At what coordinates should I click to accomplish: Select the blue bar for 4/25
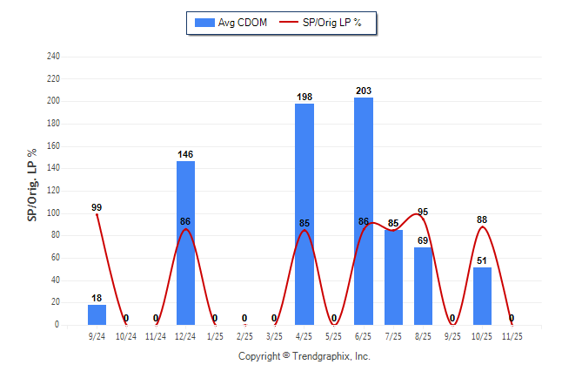[304, 213]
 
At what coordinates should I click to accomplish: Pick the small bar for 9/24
[97, 314]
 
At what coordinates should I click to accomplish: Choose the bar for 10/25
[482, 296]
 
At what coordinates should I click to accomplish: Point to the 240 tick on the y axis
[54, 57]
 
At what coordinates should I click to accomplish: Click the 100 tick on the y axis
[54, 213]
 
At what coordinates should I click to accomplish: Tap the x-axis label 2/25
[244, 335]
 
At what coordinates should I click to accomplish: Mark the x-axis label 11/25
[512, 335]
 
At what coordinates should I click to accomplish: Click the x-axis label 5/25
[334, 335]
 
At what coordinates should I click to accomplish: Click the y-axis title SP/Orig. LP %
[32, 189]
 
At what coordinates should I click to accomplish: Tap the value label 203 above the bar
[364, 91]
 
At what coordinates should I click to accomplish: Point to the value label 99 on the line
[97, 207]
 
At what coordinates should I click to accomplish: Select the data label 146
[185, 154]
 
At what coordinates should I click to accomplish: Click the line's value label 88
[482, 219]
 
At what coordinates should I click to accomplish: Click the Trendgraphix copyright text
[304, 356]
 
